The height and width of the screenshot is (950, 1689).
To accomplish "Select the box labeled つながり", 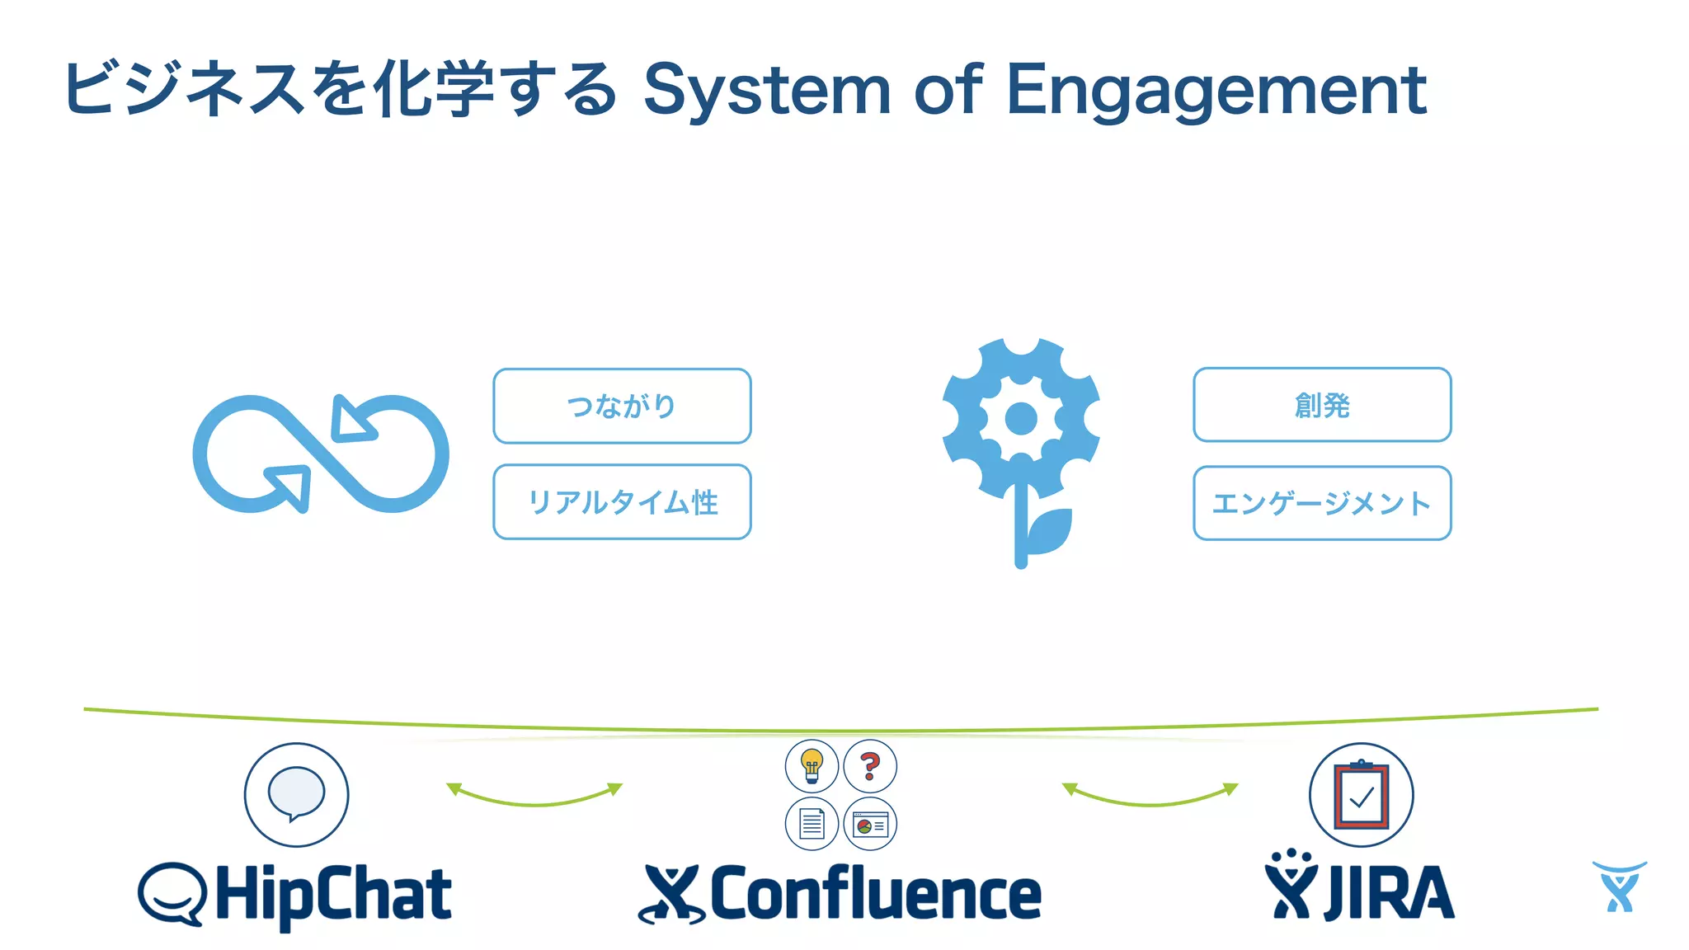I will click(622, 406).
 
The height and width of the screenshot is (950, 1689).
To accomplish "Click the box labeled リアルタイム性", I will click(622, 502).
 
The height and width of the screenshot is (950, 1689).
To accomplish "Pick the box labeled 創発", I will click(1322, 405).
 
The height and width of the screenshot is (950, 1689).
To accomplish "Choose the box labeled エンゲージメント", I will click(1322, 503).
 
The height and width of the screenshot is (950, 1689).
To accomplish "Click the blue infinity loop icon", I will click(320, 454).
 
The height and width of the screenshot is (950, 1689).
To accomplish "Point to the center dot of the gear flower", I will click(1021, 419).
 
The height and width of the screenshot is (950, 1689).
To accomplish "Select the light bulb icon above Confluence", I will click(812, 765).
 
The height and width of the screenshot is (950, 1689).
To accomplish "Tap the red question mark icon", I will click(870, 765).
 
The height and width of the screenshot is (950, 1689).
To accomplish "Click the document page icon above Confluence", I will click(812, 824).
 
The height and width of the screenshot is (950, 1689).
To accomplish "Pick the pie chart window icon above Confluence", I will click(870, 824).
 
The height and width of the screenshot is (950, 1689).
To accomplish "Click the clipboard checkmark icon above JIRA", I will click(1361, 795).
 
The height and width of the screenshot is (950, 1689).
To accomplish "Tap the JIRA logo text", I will click(1389, 893).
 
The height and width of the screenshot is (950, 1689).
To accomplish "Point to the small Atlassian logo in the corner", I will click(1619, 887).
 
